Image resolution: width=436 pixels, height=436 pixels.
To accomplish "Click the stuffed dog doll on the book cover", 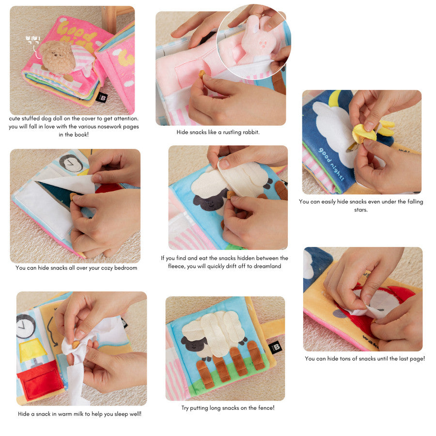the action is [x=57, y=57].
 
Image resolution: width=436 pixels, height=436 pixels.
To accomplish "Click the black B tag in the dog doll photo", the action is [x=102, y=97].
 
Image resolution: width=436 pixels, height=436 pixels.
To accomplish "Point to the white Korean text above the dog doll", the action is [x=33, y=40].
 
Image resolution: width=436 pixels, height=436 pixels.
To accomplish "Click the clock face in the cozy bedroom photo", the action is [x=71, y=163].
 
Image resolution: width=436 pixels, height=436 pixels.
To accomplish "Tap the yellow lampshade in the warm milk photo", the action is [x=32, y=350].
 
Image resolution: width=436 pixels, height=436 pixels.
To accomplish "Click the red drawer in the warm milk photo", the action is [x=40, y=379].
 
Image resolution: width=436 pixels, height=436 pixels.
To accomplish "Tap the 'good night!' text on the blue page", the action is [x=331, y=164].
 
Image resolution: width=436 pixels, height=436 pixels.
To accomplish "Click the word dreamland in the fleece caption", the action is [x=267, y=266].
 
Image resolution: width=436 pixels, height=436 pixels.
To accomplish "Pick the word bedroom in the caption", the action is [x=125, y=268].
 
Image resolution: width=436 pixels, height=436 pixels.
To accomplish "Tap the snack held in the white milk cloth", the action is [x=75, y=345].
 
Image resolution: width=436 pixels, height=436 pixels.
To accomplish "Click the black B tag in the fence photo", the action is [x=275, y=347].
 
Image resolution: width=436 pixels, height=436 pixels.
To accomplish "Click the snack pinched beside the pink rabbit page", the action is [x=202, y=74].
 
